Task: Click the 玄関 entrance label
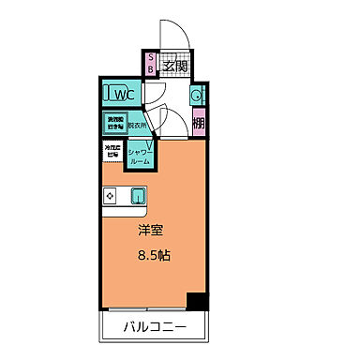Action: click(x=174, y=67)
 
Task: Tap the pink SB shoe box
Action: click(x=151, y=66)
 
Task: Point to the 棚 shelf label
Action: click(x=199, y=122)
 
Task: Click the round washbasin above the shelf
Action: click(x=197, y=96)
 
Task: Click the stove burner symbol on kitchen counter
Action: click(x=110, y=196)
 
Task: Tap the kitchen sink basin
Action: click(x=138, y=196)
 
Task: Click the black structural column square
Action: click(x=195, y=302)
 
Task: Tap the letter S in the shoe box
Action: click(x=151, y=59)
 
